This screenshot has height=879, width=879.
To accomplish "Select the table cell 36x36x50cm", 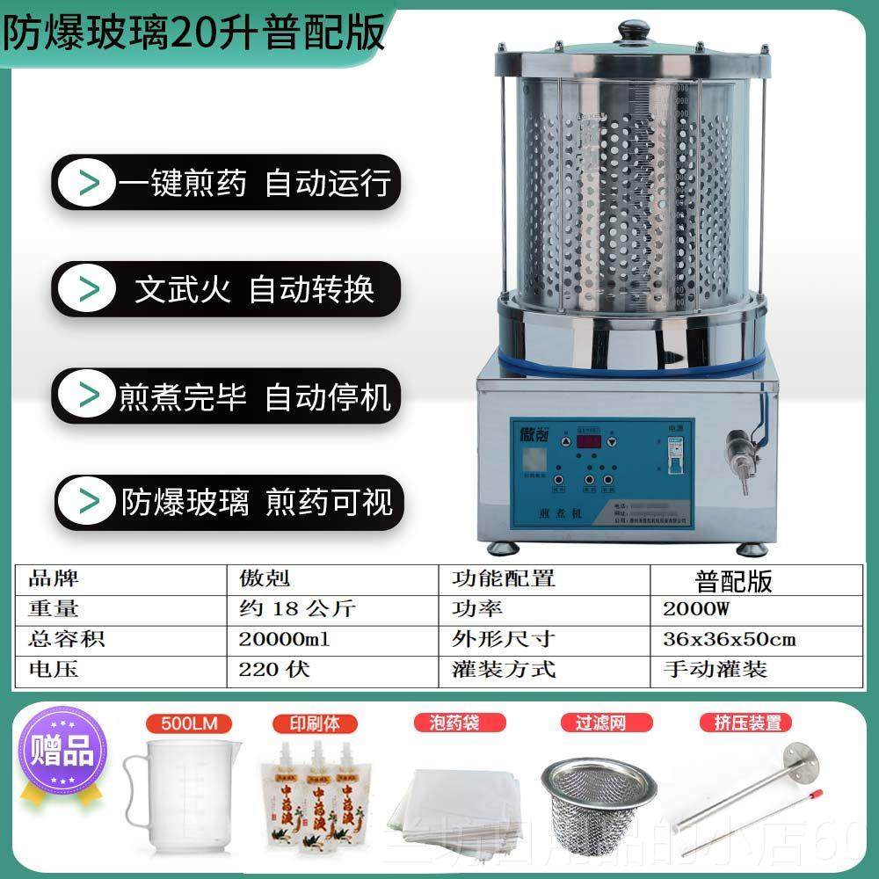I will pyautogui.click(x=730, y=639).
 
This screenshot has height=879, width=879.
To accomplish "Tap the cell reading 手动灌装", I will pyautogui.click(x=715, y=669).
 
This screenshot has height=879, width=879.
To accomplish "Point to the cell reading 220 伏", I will pyautogui.click(x=274, y=669).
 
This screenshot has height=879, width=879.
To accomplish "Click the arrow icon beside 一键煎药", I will pyautogui.click(x=89, y=184).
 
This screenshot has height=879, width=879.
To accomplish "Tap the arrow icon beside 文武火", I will pyautogui.click(x=89, y=289).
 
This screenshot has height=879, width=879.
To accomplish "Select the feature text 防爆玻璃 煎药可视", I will pyautogui.click(x=256, y=502).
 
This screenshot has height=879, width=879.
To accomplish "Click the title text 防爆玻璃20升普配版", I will pyautogui.click(x=194, y=33).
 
